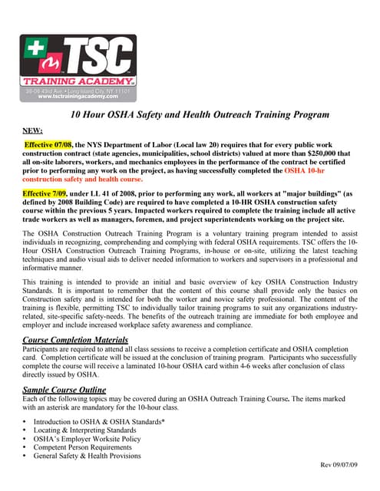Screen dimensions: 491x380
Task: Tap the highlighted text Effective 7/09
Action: (x=45, y=194)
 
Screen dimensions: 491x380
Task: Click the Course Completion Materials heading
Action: (x=75, y=339)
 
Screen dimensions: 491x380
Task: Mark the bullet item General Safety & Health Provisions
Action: (x=87, y=456)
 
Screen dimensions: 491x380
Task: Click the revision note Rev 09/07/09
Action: (x=344, y=465)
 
